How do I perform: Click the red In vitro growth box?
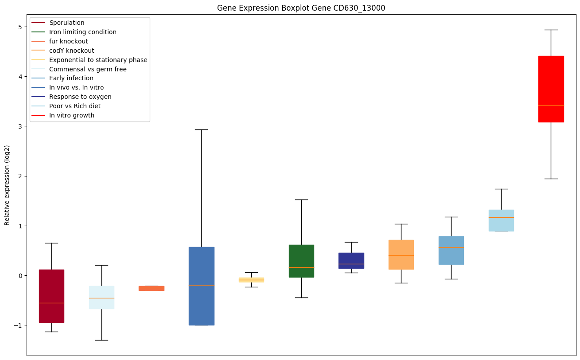coord(551,89)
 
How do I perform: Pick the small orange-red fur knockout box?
coord(152,288)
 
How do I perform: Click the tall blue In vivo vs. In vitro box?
coord(201,286)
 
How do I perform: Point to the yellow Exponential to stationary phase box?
coord(251,280)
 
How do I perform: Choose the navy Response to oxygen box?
coord(351,261)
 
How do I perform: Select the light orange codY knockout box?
coord(401,254)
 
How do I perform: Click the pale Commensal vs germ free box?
coord(101,297)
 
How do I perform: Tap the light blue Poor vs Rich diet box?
coord(501,220)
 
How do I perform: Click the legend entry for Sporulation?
coord(67,23)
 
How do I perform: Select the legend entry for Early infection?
coord(71,78)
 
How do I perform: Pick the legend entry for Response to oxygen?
coord(80,97)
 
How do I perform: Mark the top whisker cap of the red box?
coord(551,30)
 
